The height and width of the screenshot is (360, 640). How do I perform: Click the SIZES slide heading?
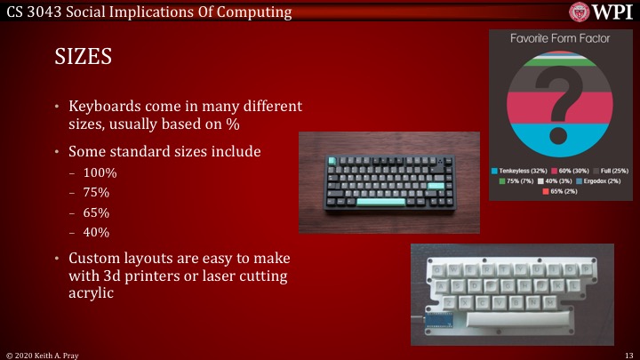(x=83, y=58)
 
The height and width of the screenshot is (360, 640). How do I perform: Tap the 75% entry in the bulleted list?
(x=96, y=192)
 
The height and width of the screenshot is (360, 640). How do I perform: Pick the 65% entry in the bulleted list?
(x=96, y=212)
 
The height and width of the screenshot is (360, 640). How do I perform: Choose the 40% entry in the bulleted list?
(x=96, y=232)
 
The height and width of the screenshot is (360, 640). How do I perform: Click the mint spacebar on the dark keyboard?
(x=380, y=203)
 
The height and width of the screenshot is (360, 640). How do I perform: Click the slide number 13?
(x=628, y=354)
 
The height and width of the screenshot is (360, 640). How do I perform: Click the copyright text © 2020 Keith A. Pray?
(x=47, y=354)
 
